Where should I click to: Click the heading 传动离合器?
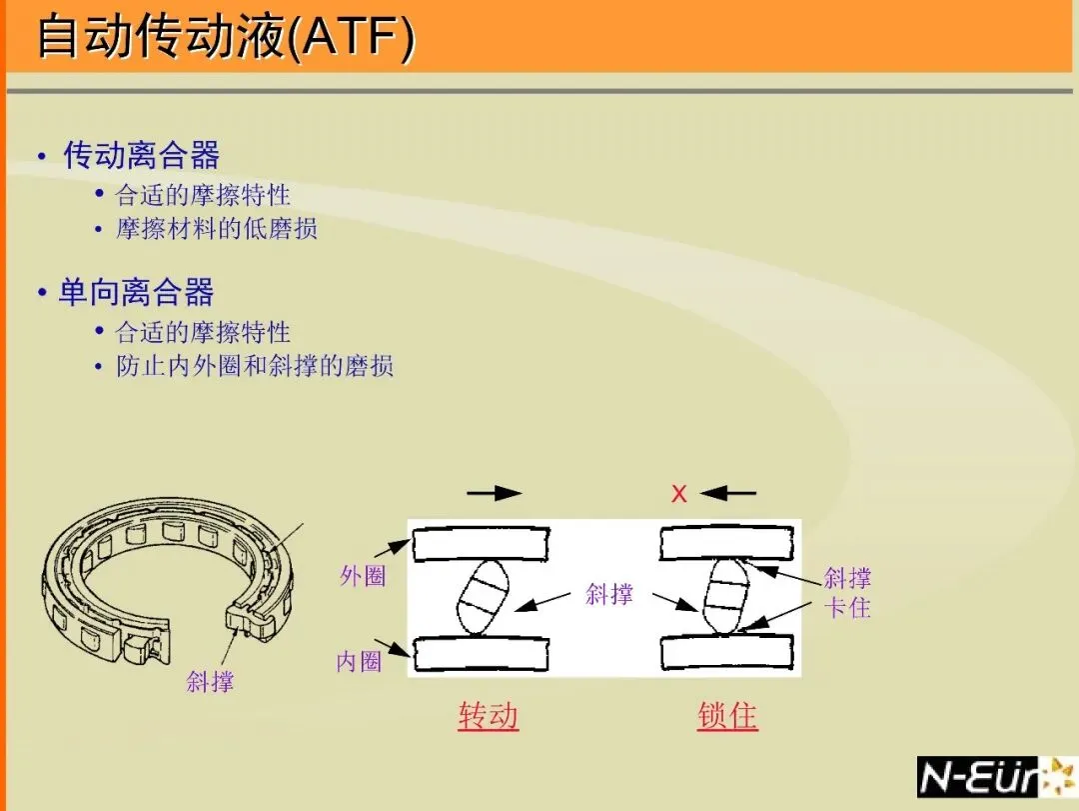[x=141, y=155]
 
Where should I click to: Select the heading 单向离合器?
[x=136, y=292]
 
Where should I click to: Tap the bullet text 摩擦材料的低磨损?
[x=217, y=229]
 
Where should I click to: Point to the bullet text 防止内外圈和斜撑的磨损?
[x=255, y=366]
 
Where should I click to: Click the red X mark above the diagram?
[x=679, y=493]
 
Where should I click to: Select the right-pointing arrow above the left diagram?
[x=494, y=492]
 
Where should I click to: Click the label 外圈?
[x=363, y=576]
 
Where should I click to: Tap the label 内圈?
[x=360, y=661]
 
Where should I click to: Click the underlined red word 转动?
[x=488, y=716]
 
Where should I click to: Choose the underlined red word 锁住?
[x=727, y=716]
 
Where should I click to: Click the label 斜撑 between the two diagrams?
[x=609, y=594]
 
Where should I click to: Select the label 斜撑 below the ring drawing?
[x=210, y=682]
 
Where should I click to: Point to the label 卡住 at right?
[x=847, y=607]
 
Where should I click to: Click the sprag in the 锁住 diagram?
[x=726, y=597]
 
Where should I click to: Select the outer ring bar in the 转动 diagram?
[x=481, y=546]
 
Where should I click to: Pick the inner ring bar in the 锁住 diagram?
[x=727, y=651]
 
